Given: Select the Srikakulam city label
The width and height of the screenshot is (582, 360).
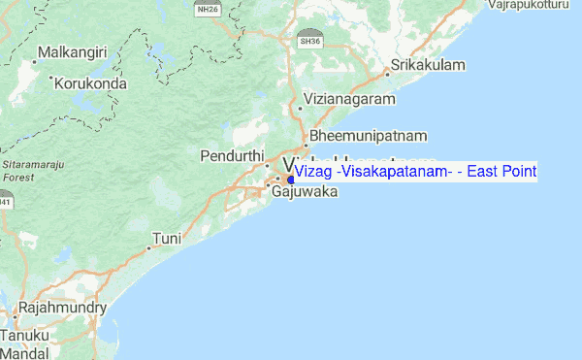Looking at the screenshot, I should [x=429, y=65].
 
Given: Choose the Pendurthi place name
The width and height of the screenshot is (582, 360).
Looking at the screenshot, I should [x=232, y=156].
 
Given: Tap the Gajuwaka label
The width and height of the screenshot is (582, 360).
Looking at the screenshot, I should [x=304, y=192].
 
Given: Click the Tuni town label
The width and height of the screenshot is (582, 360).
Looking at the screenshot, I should [x=167, y=238].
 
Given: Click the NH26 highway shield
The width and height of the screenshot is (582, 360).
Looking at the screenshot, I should [x=206, y=9].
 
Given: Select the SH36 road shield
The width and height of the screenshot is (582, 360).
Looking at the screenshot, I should [x=309, y=42].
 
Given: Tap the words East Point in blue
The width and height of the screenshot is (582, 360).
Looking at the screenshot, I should [x=502, y=172].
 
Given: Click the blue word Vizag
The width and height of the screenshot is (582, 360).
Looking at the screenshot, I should [x=313, y=172].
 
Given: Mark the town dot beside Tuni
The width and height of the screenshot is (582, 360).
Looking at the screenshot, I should [x=147, y=246].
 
